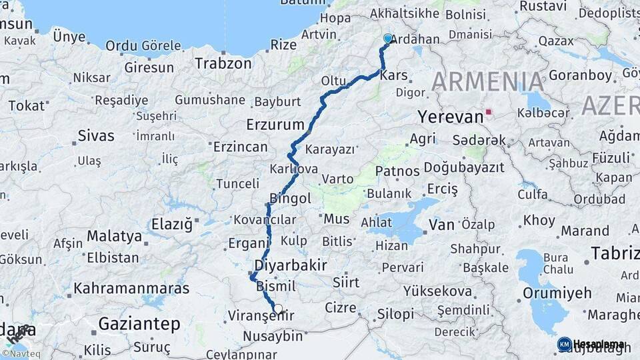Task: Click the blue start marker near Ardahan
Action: [x=388, y=39]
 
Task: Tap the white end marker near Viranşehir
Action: [x=279, y=309]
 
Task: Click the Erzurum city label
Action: [x=275, y=125]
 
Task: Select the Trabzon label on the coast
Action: [x=223, y=63]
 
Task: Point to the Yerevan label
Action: [x=450, y=117]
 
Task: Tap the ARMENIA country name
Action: [x=488, y=81]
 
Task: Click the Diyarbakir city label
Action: [x=291, y=265]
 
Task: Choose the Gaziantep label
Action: [x=139, y=324]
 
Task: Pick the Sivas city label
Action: [x=96, y=136]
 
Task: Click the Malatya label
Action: [x=115, y=236]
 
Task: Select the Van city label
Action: [x=441, y=225]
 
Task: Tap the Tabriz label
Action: [x=615, y=253]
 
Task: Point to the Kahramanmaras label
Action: [x=131, y=289]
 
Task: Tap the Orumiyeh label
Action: [x=557, y=293]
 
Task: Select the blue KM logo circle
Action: [x=564, y=344]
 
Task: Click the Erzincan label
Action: [x=241, y=147]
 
